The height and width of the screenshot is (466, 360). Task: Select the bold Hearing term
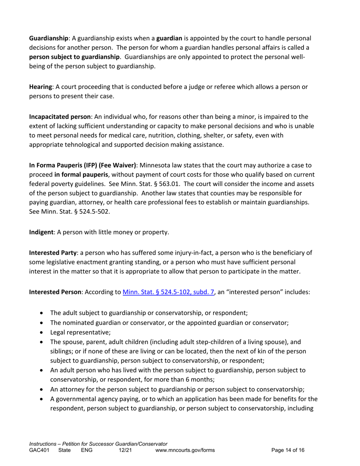41,87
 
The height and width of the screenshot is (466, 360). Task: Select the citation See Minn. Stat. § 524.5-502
69,211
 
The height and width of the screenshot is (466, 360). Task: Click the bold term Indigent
41,232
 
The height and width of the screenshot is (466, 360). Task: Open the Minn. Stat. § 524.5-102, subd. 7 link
169,292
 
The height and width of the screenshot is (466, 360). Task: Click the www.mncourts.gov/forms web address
185,450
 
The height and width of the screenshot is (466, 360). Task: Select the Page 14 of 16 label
288,450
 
